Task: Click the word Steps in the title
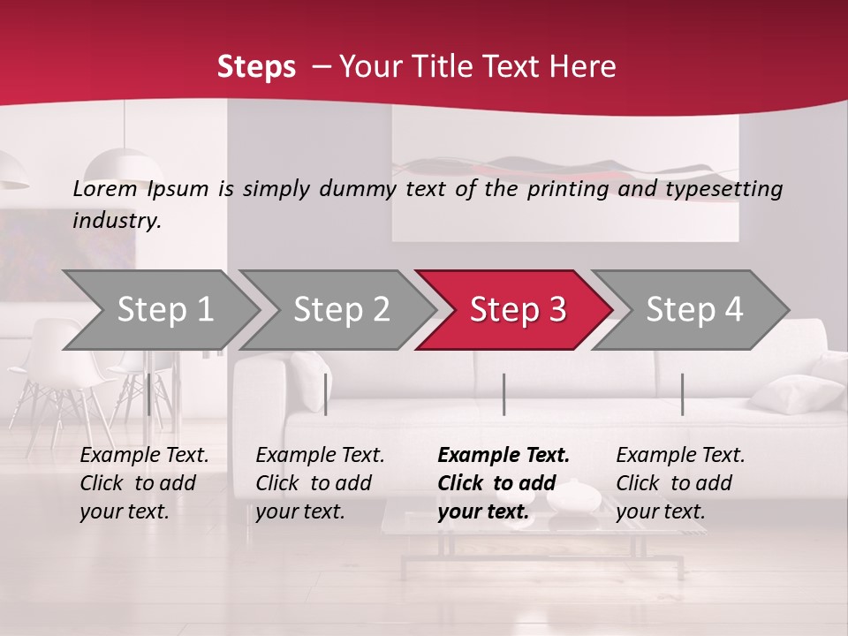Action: click(x=256, y=66)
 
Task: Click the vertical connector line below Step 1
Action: click(x=148, y=394)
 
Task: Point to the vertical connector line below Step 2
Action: click(x=326, y=394)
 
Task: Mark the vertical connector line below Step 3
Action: click(x=503, y=394)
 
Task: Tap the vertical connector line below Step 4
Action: click(x=682, y=394)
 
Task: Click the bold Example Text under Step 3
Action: click(x=503, y=456)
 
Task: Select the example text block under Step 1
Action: click(x=144, y=483)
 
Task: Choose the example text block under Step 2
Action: click(x=320, y=483)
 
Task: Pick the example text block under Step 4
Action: click(x=680, y=483)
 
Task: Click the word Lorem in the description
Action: click(x=105, y=188)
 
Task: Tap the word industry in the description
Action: click(x=117, y=221)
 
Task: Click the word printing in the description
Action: click(x=567, y=188)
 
